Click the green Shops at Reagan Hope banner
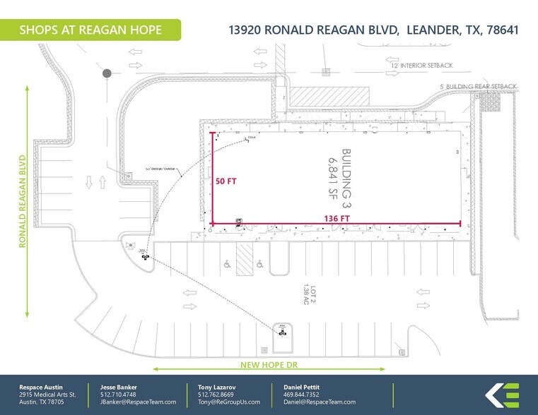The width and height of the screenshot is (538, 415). pyautogui.click(x=91, y=30)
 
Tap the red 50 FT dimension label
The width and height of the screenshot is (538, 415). pyautogui.click(x=226, y=181)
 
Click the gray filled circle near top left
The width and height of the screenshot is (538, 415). pyautogui.click(x=107, y=73)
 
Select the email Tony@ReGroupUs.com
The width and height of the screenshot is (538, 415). pyautogui.click(x=228, y=402)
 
